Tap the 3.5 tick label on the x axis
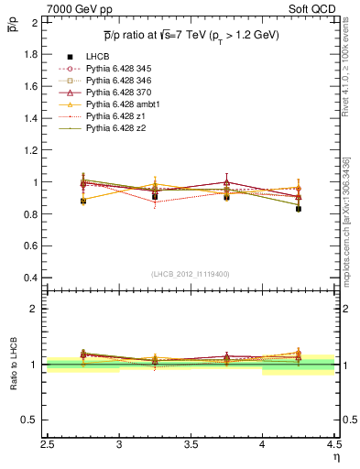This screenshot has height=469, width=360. tap(191, 444)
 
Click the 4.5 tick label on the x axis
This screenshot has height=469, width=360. tap(333, 444)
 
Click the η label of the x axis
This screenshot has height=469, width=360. tap(335, 455)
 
